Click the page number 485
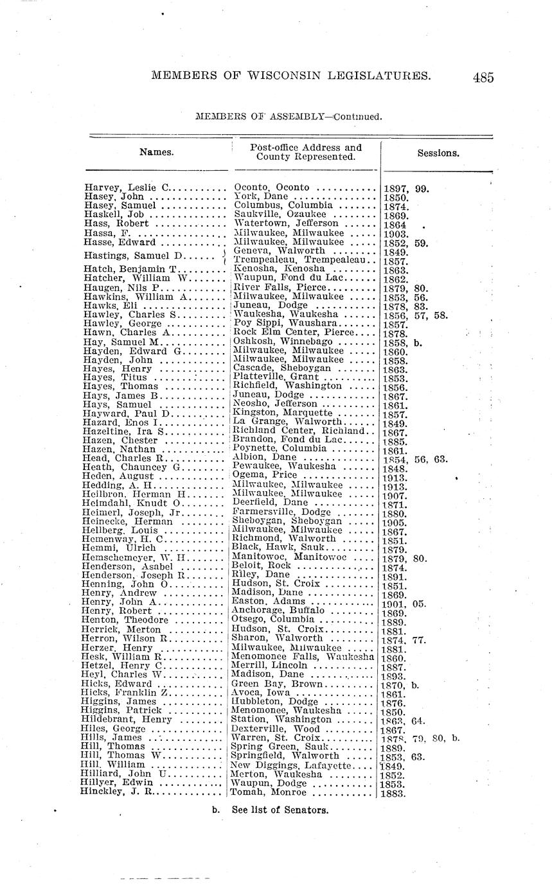point(483,78)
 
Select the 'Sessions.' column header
point(438,153)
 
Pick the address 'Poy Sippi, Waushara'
point(287,324)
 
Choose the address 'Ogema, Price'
point(265,475)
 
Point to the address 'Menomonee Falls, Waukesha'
point(303,657)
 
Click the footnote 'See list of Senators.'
point(280,810)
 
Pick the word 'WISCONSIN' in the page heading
point(300,76)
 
